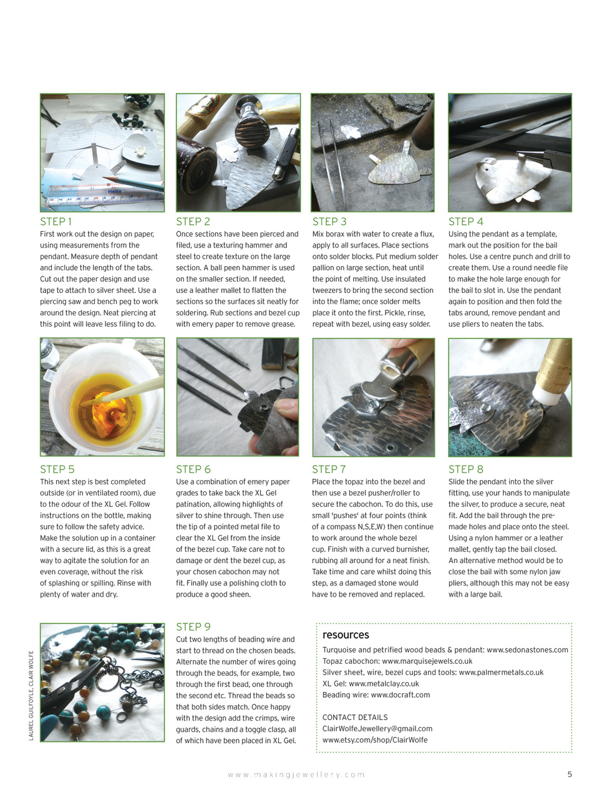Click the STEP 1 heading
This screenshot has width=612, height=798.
[56, 221]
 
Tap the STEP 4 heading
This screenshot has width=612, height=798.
[465, 221]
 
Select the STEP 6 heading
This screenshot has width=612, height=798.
[193, 469]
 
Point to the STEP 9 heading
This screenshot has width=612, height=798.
[193, 627]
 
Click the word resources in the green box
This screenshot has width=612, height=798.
[346, 635]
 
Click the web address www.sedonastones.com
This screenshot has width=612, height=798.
[527, 650]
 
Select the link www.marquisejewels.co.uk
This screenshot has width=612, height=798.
[427, 661]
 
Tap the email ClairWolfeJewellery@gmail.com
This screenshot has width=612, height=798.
[377, 728]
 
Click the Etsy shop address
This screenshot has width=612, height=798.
[375, 740]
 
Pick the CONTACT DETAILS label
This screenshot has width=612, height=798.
[355, 717]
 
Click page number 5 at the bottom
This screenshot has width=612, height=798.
[570, 774]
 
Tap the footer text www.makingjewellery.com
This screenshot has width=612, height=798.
[296, 774]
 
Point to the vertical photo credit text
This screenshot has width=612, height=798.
[31, 695]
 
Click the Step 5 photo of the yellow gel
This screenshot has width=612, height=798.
[102, 397]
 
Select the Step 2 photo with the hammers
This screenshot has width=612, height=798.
[238, 153]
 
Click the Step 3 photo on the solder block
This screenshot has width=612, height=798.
[372, 153]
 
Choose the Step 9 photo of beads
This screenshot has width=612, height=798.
[102, 682]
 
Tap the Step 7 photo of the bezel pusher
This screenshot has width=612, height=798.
[373, 397]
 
